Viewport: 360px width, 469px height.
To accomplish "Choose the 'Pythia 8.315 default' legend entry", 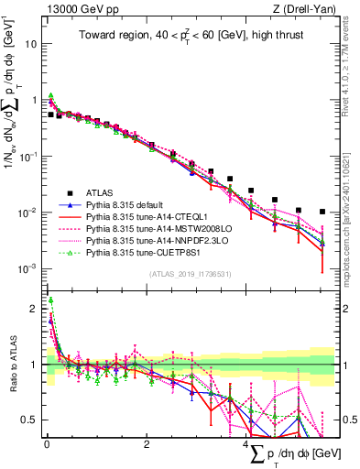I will [123, 204].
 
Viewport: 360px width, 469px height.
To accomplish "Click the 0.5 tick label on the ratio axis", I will [29, 420].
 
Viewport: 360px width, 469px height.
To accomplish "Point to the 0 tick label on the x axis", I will [47, 443].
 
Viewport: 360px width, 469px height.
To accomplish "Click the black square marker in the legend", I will [57, 191].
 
